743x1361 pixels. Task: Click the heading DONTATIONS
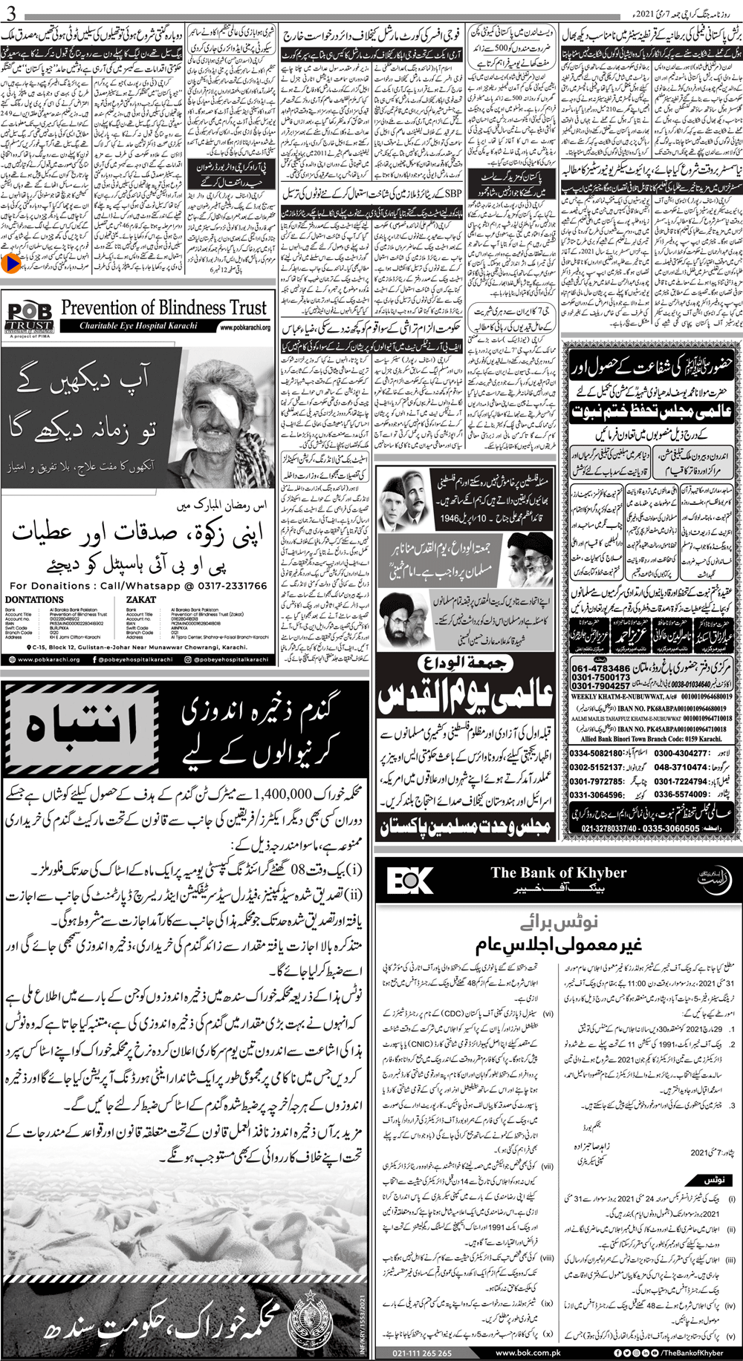pos(34,599)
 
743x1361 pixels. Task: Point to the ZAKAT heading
pos(141,599)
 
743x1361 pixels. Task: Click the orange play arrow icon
pos(10,262)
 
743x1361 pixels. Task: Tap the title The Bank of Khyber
pos(558,873)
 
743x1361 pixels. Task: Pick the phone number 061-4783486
pos(601,669)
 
